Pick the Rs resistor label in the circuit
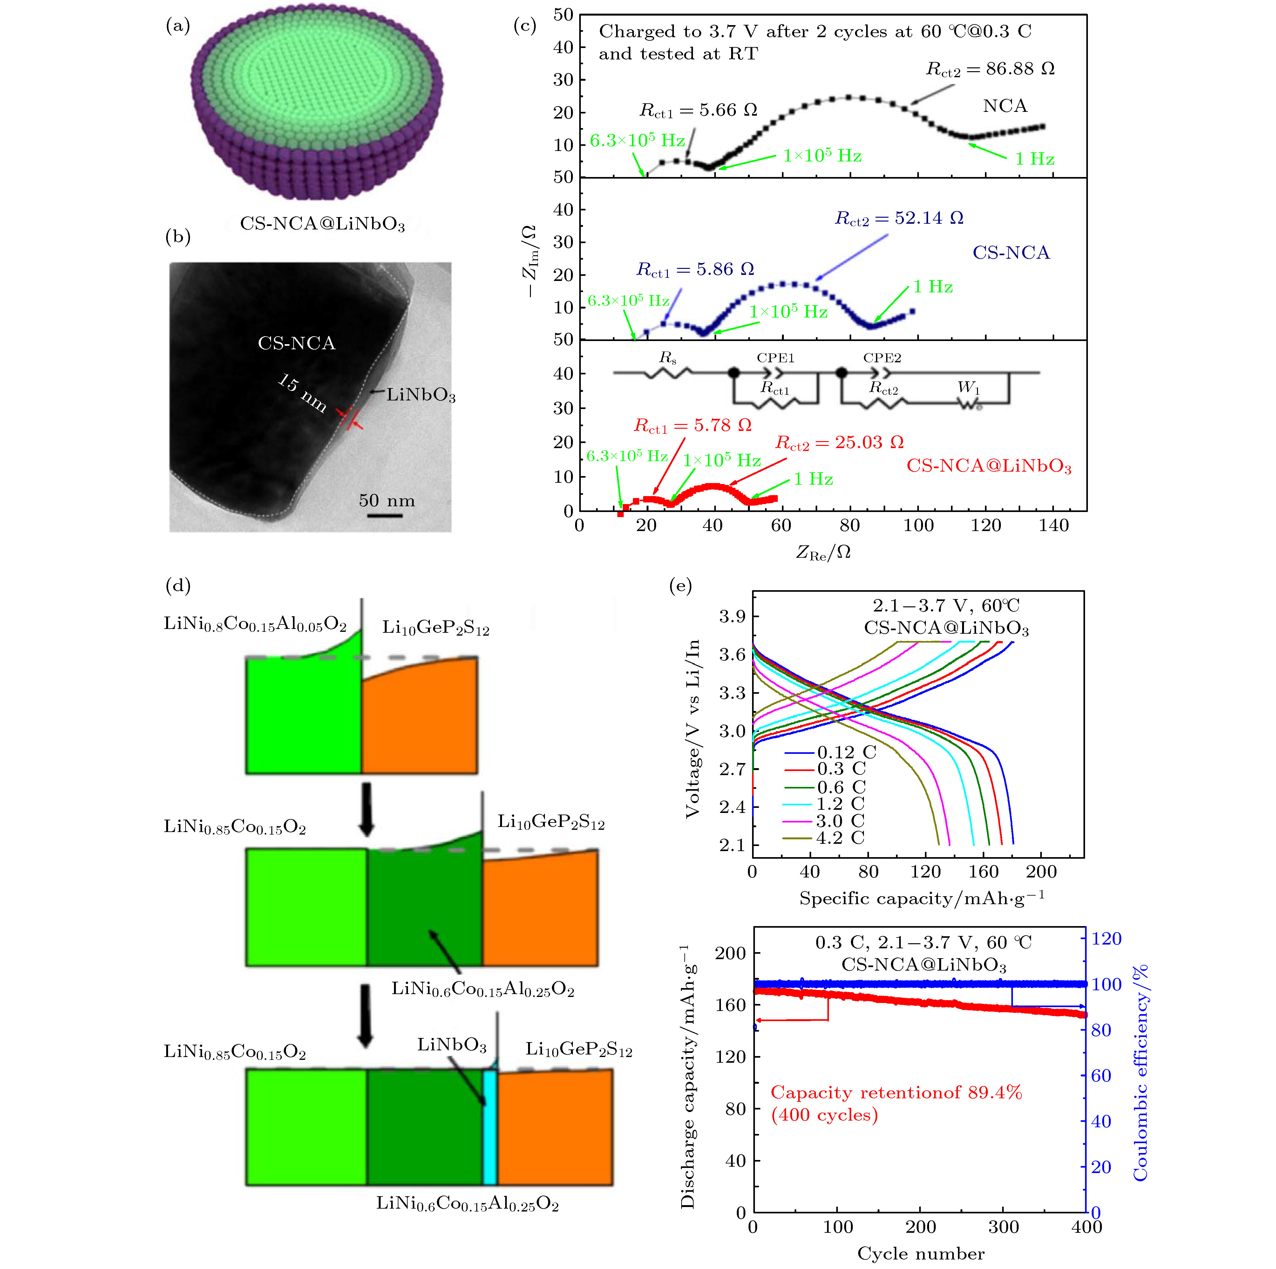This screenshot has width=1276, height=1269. (668, 358)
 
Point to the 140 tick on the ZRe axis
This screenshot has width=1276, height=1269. (1053, 526)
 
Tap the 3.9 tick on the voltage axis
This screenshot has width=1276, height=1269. (732, 616)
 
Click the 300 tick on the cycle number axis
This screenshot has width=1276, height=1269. (1003, 1227)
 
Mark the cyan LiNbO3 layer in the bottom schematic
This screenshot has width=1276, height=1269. (489, 1126)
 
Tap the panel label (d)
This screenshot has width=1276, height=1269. (178, 585)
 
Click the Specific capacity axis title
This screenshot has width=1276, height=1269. (921, 898)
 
